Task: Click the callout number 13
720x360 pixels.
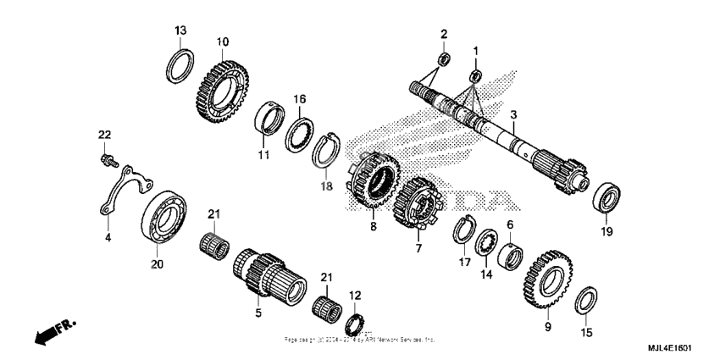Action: click(180, 31)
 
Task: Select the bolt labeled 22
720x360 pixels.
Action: click(107, 158)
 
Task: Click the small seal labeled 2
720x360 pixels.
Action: click(441, 59)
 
